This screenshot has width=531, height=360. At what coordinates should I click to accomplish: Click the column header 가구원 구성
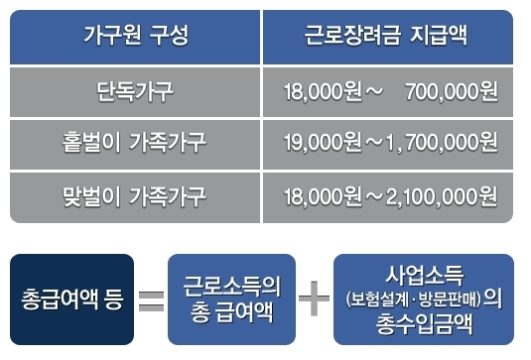(x=135, y=38)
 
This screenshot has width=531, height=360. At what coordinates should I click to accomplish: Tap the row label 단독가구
(x=135, y=92)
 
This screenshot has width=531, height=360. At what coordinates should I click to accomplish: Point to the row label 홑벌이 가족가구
(x=135, y=144)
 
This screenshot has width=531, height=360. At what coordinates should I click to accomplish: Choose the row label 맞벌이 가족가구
(x=135, y=195)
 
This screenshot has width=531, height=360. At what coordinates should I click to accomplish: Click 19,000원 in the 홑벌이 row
(x=319, y=144)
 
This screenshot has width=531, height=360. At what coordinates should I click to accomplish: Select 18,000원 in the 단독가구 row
(x=319, y=93)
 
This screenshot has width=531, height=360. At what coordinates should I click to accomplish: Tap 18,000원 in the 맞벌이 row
(x=319, y=195)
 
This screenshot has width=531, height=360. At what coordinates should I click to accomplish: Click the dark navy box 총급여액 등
(x=70, y=299)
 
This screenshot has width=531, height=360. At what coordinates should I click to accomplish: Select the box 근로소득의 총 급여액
(x=231, y=299)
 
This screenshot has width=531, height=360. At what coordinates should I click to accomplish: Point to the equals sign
(x=151, y=300)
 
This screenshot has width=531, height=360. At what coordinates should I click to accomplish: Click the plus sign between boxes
(x=314, y=300)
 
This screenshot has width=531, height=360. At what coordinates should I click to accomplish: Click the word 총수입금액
(x=423, y=323)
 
